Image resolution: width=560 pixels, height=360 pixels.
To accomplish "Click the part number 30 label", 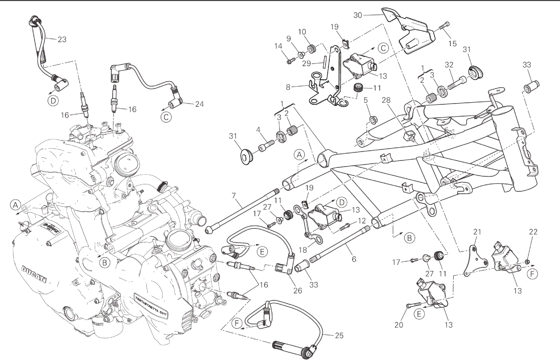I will pyautogui.click(x=357, y=15).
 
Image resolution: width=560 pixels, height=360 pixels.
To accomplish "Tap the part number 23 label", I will pyautogui.click(x=62, y=39).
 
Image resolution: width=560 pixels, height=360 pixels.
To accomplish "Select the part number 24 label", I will pyautogui.click(x=199, y=104).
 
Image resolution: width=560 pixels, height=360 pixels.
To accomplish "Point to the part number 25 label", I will pyautogui.click(x=339, y=336).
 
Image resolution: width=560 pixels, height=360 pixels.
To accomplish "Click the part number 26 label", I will pyautogui.click(x=298, y=290).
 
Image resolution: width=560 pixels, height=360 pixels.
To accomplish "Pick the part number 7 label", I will pyautogui.click(x=234, y=195).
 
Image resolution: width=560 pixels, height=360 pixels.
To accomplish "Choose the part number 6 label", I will pyautogui.click(x=354, y=259).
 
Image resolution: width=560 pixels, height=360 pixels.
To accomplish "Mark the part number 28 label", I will pyautogui.click(x=386, y=100).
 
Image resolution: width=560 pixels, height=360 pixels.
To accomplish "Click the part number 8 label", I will pyautogui.click(x=288, y=87).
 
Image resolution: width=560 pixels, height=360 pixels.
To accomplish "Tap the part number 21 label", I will pyautogui.click(x=477, y=232).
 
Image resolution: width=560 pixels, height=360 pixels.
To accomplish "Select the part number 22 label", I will pyautogui.click(x=533, y=232).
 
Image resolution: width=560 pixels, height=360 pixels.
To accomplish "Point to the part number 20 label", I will pyautogui.click(x=399, y=325).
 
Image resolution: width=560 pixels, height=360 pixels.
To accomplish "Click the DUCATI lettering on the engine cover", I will pyautogui.click(x=34, y=274).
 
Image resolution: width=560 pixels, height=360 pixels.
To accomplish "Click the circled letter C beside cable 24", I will pyautogui.click(x=166, y=117).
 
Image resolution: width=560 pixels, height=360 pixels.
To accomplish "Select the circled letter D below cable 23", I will pyautogui.click(x=53, y=101).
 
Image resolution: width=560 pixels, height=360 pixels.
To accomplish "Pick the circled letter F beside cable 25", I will pyautogui.click(x=237, y=323).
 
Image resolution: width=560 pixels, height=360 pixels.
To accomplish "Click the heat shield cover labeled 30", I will pyautogui.click(x=410, y=31).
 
